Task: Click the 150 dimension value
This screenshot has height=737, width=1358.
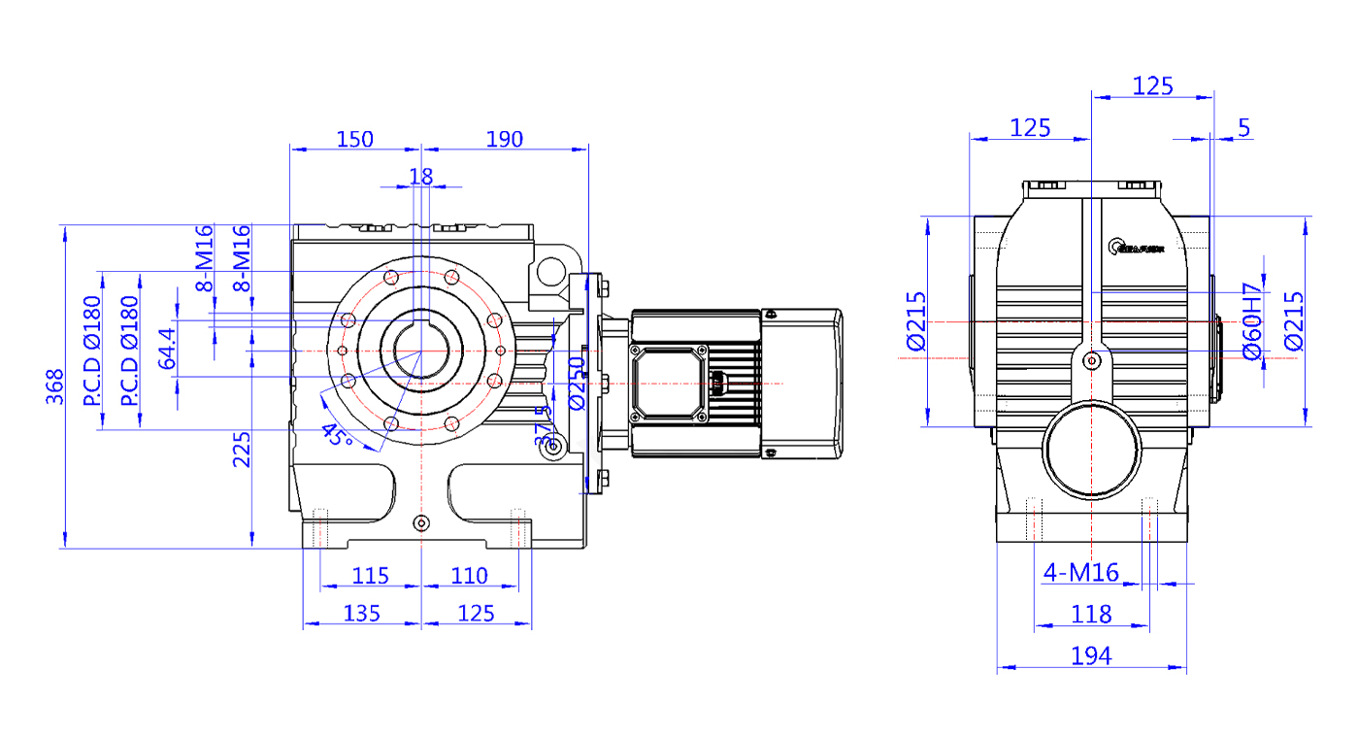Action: (354, 139)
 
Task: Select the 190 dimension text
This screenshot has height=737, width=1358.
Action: (504, 139)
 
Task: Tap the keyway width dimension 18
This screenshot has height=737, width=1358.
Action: (420, 176)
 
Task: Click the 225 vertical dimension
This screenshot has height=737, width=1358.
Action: (242, 449)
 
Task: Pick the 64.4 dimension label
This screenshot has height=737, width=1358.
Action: (168, 349)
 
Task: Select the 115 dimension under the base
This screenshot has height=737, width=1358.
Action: (370, 576)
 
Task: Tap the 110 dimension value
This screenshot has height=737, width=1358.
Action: (470, 576)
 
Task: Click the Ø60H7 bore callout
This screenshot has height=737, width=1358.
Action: (1251, 321)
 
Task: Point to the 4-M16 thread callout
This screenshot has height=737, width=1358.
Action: (1080, 573)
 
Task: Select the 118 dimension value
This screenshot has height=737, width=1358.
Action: (1091, 614)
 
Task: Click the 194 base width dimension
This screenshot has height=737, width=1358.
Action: (1091, 656)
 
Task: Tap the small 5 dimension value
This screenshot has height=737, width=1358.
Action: (1244, 127)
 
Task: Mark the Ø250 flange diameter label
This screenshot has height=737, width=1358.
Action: (577, 384)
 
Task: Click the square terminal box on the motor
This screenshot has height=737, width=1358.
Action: (670, 384)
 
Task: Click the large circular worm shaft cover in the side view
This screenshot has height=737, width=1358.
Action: (1091, 449)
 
